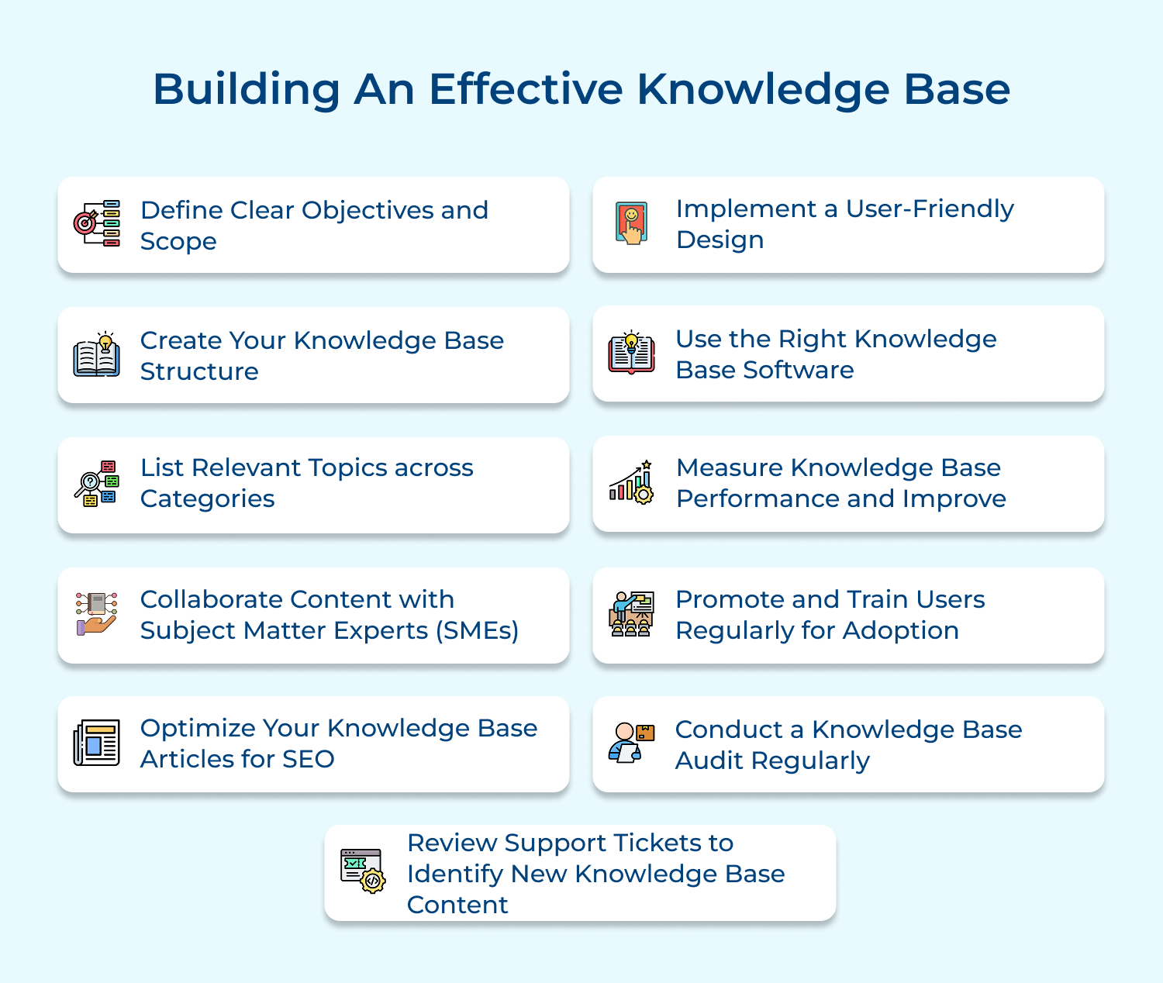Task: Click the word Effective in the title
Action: click(525, 89)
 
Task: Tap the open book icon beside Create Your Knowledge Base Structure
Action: click(96, 355)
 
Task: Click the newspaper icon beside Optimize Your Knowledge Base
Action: click(96, 743)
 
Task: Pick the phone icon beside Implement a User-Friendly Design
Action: click(632, 223)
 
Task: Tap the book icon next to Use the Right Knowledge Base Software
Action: click(631, 353)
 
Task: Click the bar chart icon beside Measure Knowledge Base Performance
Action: click(631, 483)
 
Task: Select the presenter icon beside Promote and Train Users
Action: click(631, 614)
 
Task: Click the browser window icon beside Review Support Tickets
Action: click(362, 871)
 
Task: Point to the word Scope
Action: click(178, 242)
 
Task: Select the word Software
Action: click(798, 371)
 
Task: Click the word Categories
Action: click(207, 499)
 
